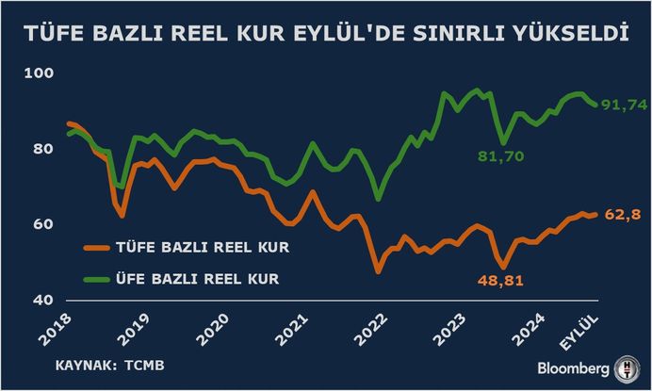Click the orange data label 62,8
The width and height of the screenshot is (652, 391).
coord(623,215)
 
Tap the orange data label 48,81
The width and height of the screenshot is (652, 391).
coord(497,280)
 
